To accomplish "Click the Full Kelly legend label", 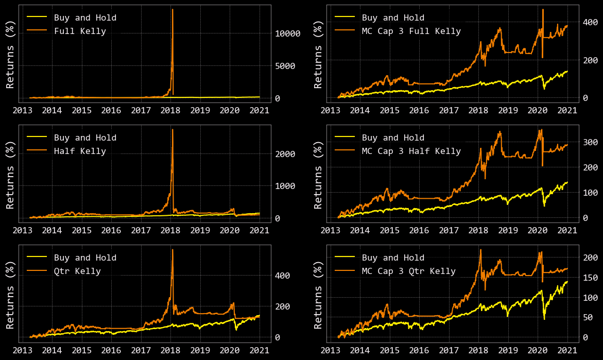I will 80,31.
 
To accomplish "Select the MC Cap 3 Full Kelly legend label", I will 411,31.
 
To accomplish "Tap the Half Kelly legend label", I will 80,151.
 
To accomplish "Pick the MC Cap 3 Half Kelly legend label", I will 411,151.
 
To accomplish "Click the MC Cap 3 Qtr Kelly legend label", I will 408,271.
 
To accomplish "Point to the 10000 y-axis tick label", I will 287,33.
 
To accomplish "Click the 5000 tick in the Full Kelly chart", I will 285,66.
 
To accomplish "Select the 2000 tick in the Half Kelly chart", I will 285,154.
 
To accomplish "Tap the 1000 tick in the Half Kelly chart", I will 285,186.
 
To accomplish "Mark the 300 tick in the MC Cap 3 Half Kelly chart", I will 590,142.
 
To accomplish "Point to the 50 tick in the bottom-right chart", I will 587,317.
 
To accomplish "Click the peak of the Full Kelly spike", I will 172,9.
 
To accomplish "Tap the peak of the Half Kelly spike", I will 172,129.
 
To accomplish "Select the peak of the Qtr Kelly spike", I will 172,249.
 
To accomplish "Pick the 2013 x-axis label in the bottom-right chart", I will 331,350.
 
